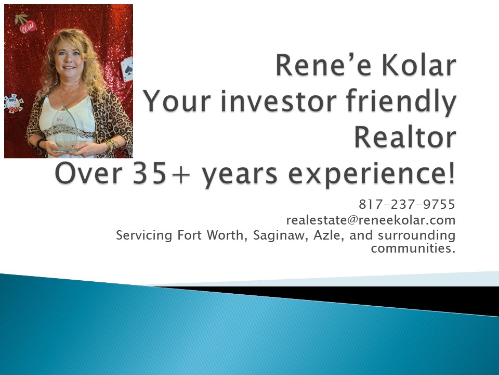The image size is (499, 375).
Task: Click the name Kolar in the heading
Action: pos(418,66)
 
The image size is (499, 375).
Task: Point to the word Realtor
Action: pos(405,137)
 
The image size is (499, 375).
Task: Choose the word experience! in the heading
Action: pos(372,175)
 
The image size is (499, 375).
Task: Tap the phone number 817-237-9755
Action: pos(407,204)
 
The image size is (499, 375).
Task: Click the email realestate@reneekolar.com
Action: pos(371,220)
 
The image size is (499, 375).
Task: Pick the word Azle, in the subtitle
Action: pos(329,235)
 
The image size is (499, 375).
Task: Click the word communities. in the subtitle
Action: pos(413,248)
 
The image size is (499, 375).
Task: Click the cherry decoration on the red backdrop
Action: pos(25,24)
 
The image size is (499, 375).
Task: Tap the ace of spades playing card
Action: pos(127,68)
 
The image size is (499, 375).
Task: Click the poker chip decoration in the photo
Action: pos(14,104)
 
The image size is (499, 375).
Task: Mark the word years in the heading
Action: pos(240,176)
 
